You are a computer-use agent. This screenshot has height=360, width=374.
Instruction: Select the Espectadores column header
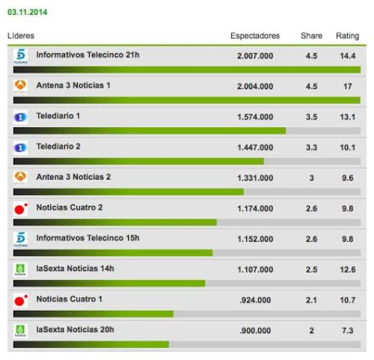point(255,36)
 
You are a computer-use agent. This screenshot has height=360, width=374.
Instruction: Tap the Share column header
point(311,36)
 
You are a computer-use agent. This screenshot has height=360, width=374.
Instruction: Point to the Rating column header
point(347,36)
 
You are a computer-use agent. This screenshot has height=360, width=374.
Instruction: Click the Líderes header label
point(21,36)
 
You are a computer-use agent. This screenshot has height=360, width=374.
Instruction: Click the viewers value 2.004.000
point(254,86)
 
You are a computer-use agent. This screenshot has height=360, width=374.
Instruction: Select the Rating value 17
point(347,86)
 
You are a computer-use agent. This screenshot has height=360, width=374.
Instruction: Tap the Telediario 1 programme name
point(58,116)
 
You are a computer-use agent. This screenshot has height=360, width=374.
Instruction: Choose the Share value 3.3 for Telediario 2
point(311,147)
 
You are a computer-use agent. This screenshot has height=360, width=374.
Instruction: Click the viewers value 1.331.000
point(254,177)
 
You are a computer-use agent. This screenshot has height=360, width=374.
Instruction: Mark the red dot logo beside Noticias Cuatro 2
point(21,209)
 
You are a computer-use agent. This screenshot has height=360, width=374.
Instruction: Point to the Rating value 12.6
point(347,269)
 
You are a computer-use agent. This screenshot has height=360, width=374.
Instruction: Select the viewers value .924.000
point(256,299)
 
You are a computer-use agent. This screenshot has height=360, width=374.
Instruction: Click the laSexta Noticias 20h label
point(75,329)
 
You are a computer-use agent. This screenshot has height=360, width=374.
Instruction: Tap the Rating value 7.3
point(347,330)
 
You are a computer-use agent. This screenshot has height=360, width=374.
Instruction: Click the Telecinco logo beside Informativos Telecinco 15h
point(21,240)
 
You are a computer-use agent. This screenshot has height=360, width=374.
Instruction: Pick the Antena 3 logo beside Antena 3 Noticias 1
point(21,87)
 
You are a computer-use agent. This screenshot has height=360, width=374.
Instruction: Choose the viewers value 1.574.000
point(254,117)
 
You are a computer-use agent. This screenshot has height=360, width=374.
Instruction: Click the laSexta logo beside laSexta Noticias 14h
point(21,270)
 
